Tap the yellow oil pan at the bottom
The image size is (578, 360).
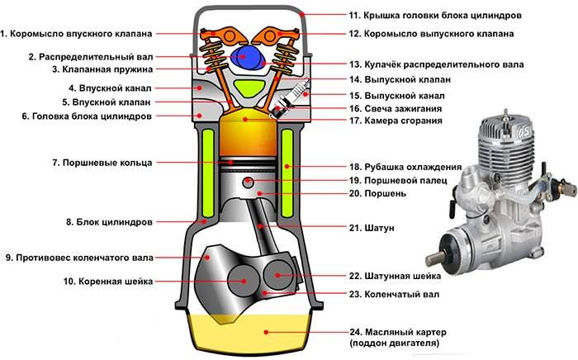point(249,334)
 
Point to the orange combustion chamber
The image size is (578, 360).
point(249,131)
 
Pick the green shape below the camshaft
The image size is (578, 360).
point(246,87)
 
